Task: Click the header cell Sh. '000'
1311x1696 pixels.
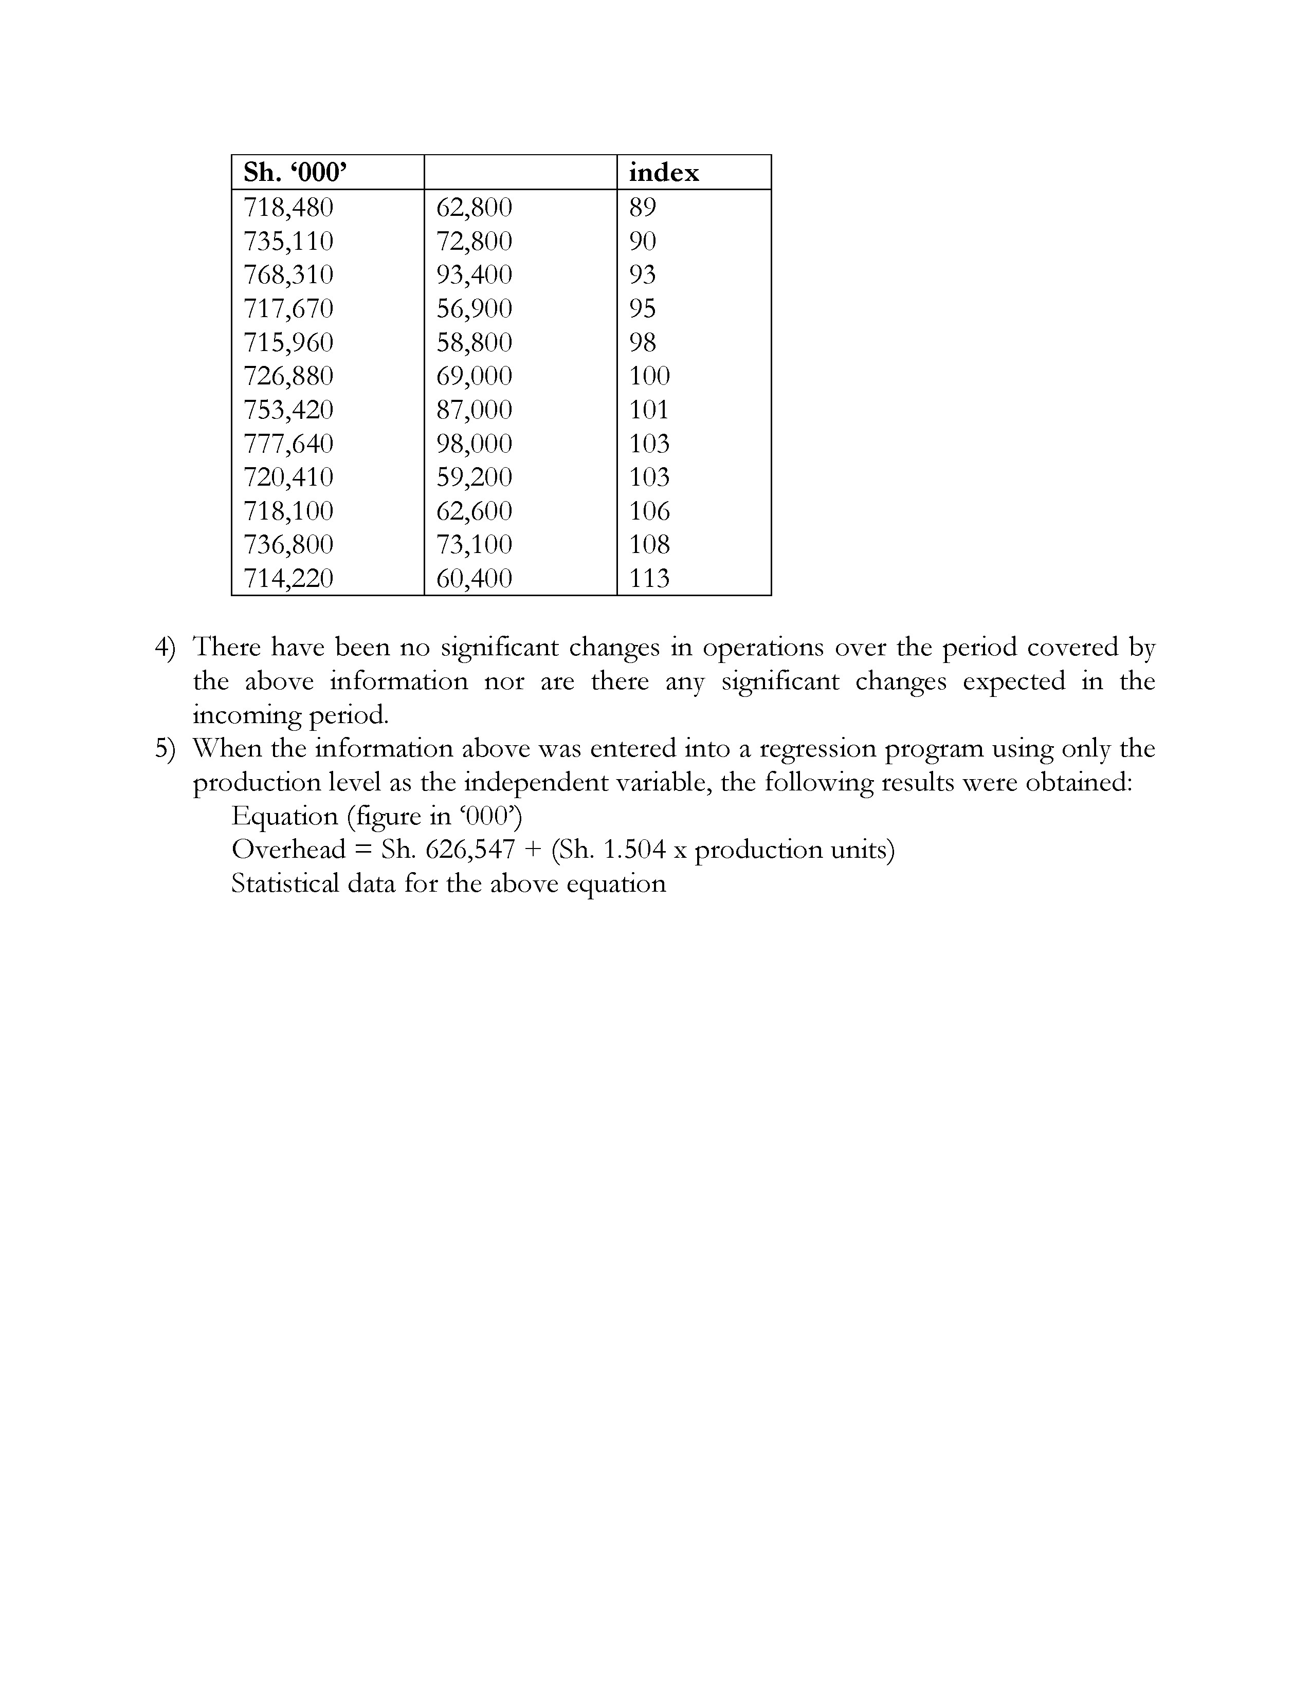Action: (x=295, y=172)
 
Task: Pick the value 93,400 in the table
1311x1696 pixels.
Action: (x=474, y=275)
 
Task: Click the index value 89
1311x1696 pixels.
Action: (x=642, y=207)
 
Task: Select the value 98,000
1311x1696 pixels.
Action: (x=474, y=444)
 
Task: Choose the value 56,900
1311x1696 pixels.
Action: (x=474, y=309)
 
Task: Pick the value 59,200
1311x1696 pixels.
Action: (x=474, y=477)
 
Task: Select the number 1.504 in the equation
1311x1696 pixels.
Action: (x=634, y=850)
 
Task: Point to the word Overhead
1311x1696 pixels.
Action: (x=288, y=850)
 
